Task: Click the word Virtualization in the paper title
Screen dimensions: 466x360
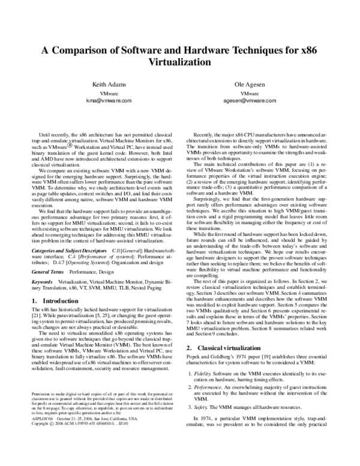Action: (x=180, y=61)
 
